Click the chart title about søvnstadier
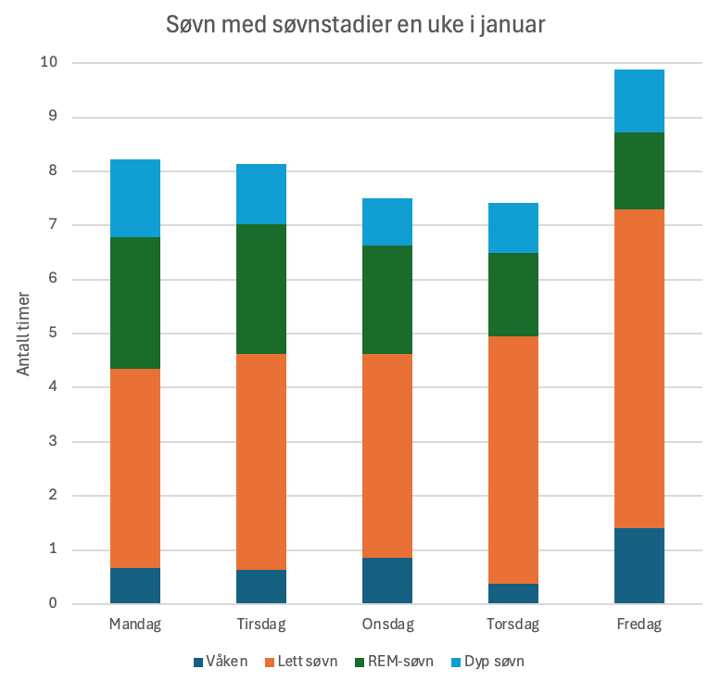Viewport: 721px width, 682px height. (355, 25)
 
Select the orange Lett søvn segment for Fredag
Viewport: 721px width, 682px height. (639, 369)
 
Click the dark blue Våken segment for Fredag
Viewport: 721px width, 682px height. (639, 566)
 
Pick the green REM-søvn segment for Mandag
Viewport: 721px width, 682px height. (135, 303)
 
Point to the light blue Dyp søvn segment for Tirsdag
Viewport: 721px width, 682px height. (261, 194)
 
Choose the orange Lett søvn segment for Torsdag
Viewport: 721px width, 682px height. (513, 460)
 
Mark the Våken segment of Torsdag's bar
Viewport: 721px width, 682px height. (513, 594)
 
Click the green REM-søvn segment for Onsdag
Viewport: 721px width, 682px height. (387, 299)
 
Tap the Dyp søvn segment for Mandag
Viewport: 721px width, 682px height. (135, 198)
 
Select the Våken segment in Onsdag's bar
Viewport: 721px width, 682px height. (387, 581)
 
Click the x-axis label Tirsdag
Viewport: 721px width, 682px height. (261, 624)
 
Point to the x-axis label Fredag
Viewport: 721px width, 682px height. (639, 624)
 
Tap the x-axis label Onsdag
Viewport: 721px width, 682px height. (387, 624)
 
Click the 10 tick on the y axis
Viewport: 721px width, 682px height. (48, 63)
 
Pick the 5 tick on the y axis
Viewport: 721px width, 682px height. (52, 334)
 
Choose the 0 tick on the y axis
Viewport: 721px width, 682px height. (52, 604)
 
